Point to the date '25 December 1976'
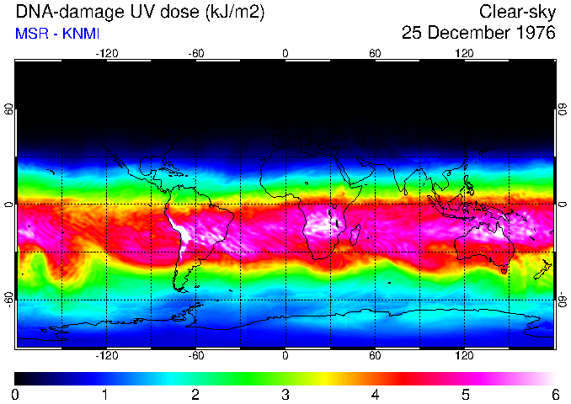coord(478,34)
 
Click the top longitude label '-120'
coord(106,53)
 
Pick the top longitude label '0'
coord(285,53)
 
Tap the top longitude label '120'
coord(464,53)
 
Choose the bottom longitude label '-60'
coord(196,356)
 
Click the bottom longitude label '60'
coord(375,356)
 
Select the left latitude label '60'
coord(9,109)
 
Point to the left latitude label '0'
coord(9,204)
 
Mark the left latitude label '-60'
coord(9,299)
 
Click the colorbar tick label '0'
coord(16,394)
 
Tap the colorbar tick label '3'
coord(285,394)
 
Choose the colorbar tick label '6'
coord(554,394)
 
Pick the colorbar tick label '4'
coord(375,394)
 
